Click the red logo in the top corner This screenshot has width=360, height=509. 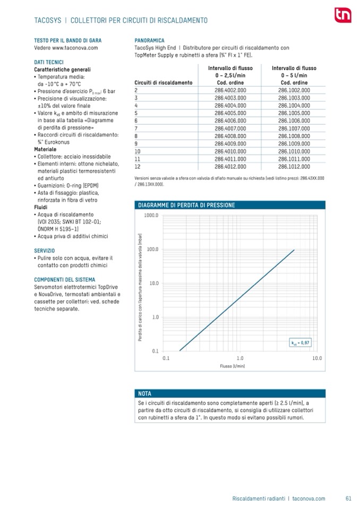click(342, 16)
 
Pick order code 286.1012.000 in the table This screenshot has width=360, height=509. click(294, 166)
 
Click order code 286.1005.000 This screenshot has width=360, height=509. click(294, 113)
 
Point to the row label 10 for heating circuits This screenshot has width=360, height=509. click(138, 151)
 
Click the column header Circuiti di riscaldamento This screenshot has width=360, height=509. click(164, 83)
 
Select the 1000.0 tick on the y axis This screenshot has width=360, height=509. click(151, 215)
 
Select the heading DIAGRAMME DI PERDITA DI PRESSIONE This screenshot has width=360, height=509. click(186, 205)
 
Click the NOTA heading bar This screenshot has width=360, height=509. click(144, 393)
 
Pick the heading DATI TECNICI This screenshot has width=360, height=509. click(49, 62)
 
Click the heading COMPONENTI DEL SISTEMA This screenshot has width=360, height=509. click(65, 279)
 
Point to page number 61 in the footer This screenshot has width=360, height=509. click(348, 498)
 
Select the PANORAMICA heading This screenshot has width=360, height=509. click(150, 40)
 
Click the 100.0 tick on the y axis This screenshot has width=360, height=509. click(152, 249)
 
